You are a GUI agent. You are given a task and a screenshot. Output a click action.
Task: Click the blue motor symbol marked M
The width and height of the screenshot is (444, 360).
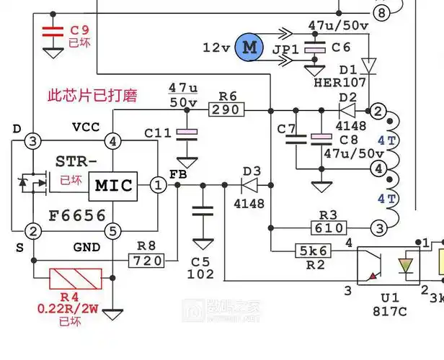(x=249, y=48)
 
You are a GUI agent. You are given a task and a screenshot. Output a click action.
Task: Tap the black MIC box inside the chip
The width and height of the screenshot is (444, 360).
(x=112, y=186)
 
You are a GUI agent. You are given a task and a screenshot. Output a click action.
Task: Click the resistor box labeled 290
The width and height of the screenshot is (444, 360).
(x=227, y=109)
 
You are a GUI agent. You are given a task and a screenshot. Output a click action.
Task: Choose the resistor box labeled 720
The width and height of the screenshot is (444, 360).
(x=148, y=260)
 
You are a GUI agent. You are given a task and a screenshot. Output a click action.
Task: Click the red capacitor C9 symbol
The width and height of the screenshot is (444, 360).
(x=52, y=32)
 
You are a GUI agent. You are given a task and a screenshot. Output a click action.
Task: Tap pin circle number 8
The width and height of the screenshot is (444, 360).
(x=381, y=13)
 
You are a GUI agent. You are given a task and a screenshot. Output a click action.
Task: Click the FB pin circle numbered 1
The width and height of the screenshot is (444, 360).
(x=157, y=185)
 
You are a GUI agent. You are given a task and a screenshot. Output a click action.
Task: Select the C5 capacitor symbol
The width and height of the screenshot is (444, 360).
(x=203, y=213)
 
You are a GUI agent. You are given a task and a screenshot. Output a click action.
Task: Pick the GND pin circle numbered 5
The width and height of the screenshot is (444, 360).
(x=112, y=230)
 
